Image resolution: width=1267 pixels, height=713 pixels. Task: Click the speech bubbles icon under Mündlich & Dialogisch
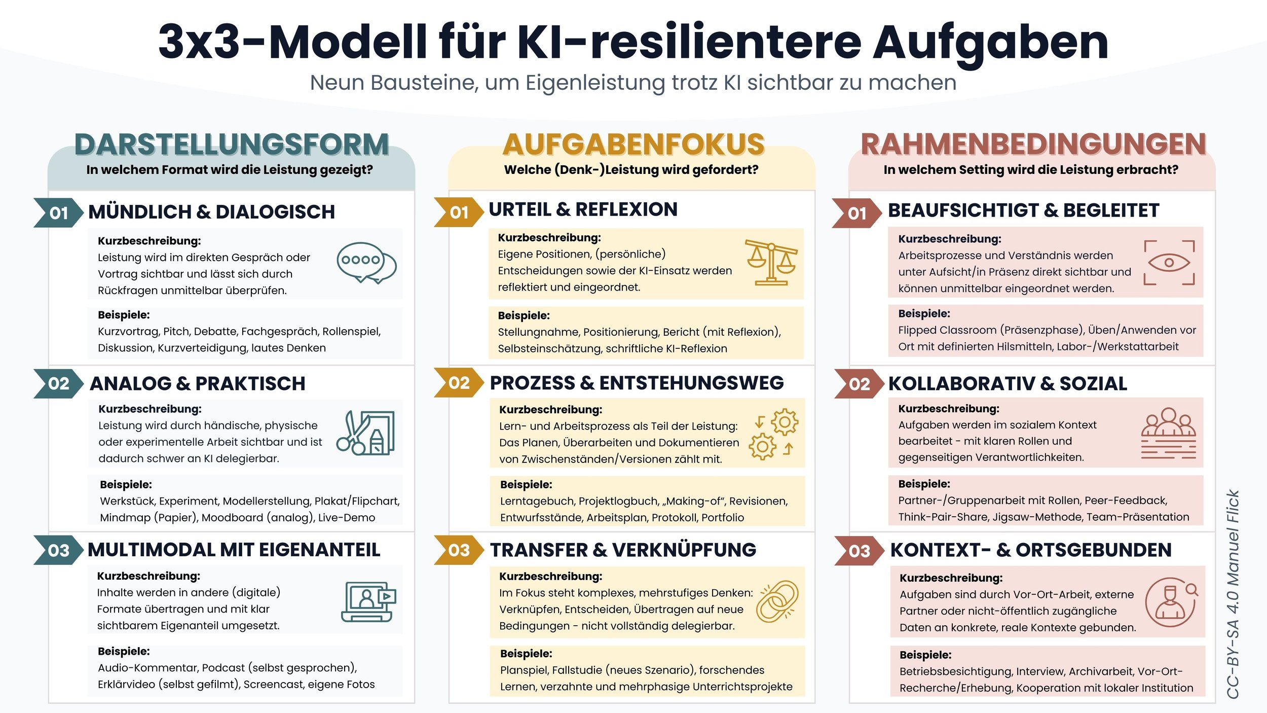click(x=366, y=263)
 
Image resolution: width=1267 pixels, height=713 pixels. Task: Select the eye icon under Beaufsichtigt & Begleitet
click(x=1169, y=263)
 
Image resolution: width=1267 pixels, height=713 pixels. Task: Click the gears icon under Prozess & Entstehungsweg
click(x=774, y=434)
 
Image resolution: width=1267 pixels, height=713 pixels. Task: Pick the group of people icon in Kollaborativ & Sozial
click(x=1168, y=433)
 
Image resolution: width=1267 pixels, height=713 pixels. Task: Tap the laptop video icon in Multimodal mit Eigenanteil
click(x=368, y=601)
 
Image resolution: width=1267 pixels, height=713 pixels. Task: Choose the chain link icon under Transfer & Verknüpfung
click(x=777, y=601)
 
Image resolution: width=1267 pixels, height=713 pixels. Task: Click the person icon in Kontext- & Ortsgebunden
click(x=1171, y=602)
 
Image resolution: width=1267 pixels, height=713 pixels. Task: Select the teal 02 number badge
click(x=58, y=383)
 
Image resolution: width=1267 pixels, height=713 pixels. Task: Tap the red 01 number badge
click(x=857, y=213)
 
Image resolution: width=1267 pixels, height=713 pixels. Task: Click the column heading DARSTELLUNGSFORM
click(x=232, y=145)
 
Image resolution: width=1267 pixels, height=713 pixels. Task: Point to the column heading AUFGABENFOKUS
click(x=633, y=145)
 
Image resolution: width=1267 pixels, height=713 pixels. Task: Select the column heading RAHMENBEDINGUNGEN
click(x=1033, y=145)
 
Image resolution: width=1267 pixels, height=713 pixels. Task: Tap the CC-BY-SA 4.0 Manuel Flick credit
click(x=1233, y=593)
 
